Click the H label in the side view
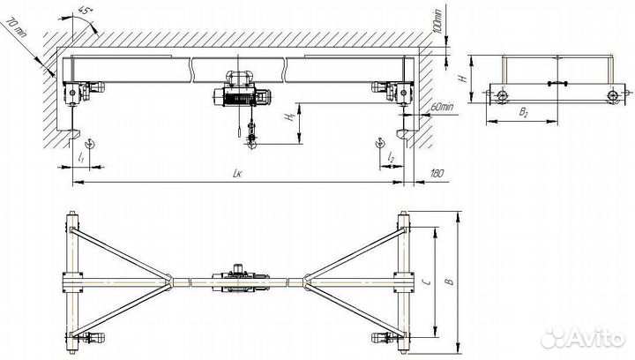click(463, 79)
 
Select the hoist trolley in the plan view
click(238, 281)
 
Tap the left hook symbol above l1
click(89, 143)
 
